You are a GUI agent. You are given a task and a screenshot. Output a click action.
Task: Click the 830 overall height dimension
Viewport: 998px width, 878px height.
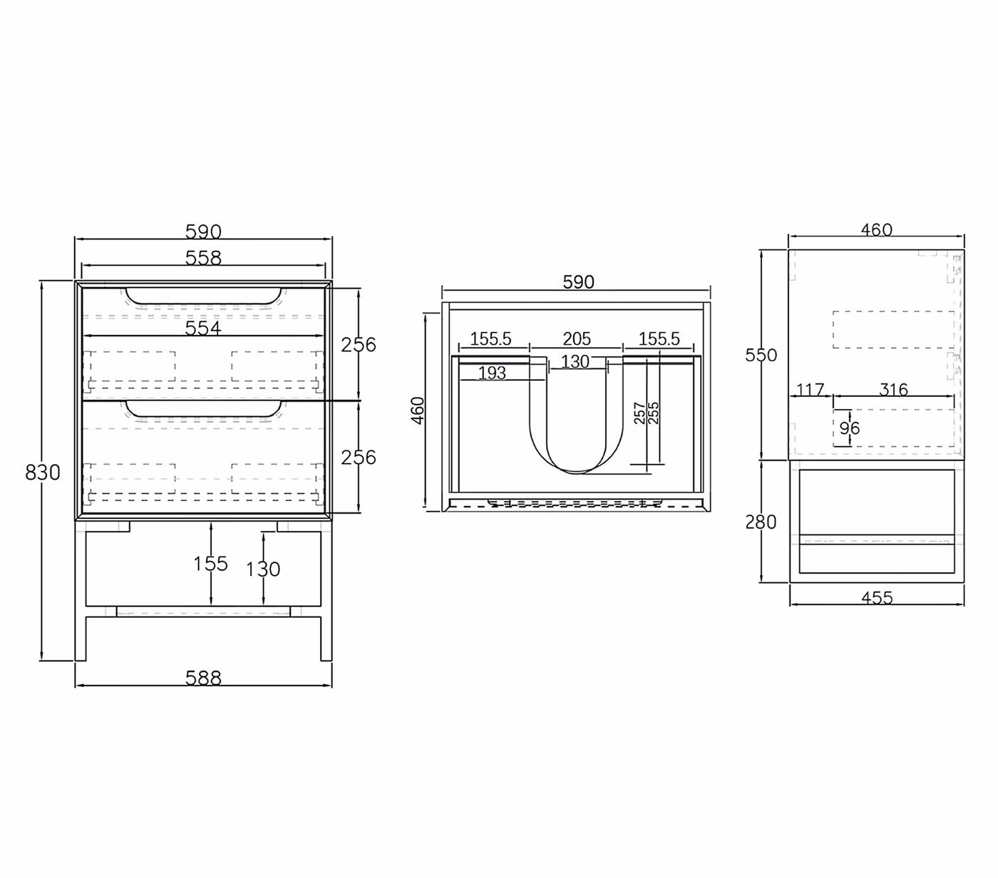click(43, 472)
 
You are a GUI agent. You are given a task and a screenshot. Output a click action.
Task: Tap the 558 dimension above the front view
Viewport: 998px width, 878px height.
click(203, 258)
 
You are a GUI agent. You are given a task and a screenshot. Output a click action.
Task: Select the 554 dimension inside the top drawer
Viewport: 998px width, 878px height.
click(203, 329)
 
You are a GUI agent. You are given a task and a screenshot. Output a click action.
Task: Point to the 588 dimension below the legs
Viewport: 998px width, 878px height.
click(203, 678)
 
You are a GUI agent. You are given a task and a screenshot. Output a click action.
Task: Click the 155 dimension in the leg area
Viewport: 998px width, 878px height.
click(210, 564)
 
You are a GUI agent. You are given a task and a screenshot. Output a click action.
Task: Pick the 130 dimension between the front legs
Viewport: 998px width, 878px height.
click(263, 569)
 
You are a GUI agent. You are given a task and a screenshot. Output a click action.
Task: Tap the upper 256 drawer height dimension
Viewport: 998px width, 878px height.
click(359, 345)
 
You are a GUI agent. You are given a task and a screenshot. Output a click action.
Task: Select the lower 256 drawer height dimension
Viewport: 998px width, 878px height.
click(359, 458)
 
